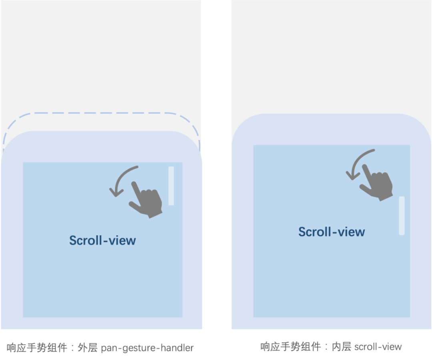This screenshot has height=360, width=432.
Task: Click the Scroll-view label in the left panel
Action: tap(102, 240)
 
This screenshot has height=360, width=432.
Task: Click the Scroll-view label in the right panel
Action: tap(332, 232)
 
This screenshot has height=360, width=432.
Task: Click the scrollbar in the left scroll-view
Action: tap(171, 186)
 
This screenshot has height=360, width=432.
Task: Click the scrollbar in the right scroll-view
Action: tap(402, 215)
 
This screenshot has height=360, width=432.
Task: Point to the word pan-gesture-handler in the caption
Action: tap(147, 348)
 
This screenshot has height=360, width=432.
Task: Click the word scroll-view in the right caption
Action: tap(378, 347)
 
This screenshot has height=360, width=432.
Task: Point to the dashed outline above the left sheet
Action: tap(100, 114)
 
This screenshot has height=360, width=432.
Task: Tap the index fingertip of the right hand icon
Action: tap(365, 167)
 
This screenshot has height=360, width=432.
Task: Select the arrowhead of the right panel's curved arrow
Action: tap(351, 175)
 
